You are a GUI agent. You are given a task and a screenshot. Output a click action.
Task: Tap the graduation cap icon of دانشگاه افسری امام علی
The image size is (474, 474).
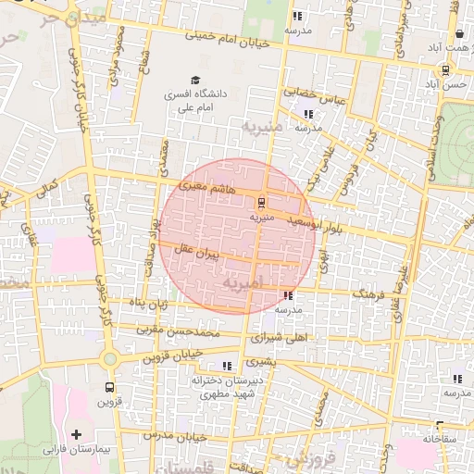[x=195, y=81]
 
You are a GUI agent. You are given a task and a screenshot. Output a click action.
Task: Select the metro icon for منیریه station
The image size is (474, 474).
[x=261, y=202]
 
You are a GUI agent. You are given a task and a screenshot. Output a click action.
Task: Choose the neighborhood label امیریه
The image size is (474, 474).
[x=244, y=281]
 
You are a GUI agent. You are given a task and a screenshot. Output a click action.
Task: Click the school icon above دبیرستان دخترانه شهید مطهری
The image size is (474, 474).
[x=228, y=367]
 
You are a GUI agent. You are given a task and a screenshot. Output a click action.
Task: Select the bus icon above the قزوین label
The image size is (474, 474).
[x=110, y=388]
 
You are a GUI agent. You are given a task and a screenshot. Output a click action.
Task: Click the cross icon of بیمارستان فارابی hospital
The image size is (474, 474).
[x=76, y=434]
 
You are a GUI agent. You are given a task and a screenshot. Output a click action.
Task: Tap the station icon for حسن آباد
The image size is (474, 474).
[x=445, y=69]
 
